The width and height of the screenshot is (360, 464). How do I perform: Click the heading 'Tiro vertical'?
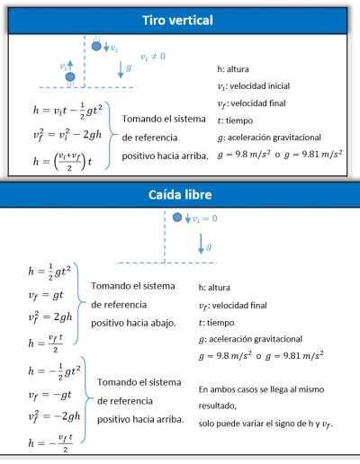coord(177,21)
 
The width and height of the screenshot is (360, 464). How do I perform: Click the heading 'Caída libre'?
coord(180,195)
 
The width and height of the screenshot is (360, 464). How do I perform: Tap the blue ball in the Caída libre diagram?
coord(177,218)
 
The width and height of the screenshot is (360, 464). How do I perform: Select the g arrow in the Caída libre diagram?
coord(201,244)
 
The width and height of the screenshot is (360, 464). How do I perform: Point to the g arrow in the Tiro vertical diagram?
coord(121,70)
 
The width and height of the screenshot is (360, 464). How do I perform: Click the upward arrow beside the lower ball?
coord(70,65)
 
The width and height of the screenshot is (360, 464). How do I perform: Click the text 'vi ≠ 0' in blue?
coord(153,57)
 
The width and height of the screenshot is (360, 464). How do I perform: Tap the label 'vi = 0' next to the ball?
coord(205,219)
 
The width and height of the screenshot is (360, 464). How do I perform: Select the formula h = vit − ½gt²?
coord(67,111)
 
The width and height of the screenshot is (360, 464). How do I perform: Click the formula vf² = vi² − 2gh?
coord(67,135)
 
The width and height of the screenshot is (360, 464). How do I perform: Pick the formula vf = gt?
coord(46,296)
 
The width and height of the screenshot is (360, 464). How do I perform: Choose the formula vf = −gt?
coord(49,395)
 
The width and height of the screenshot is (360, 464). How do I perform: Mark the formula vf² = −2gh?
coord(54,416)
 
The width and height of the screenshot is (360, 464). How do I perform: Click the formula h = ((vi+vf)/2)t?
coord(63,161)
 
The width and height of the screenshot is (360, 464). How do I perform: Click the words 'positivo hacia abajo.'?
coord(133,323)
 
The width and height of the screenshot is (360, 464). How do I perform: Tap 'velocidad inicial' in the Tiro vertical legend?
coord(260,86)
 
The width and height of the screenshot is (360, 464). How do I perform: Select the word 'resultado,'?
coord(218,406)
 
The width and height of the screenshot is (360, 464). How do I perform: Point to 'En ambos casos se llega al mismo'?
coord(261,389)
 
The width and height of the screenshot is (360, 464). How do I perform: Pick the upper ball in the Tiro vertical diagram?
coord(96,46)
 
